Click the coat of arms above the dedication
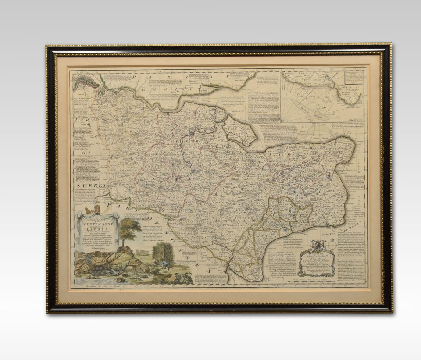pyautogui.click(x=316, y=246)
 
